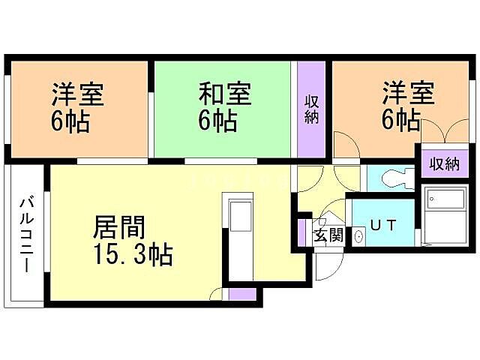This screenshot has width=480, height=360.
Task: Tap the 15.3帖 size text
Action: pos(133,255)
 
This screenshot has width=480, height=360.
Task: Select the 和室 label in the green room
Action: pos(224,95)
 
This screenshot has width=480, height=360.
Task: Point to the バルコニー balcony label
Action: pos(26,233)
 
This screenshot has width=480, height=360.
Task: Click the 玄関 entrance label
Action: pos(328,235)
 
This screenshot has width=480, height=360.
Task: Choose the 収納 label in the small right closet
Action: pos(443,163)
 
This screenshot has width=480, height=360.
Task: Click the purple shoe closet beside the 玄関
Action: pos(304,232)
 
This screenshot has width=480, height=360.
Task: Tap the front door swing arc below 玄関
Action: pos(328,266)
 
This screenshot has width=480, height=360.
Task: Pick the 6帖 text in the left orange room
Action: pos(70,121)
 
